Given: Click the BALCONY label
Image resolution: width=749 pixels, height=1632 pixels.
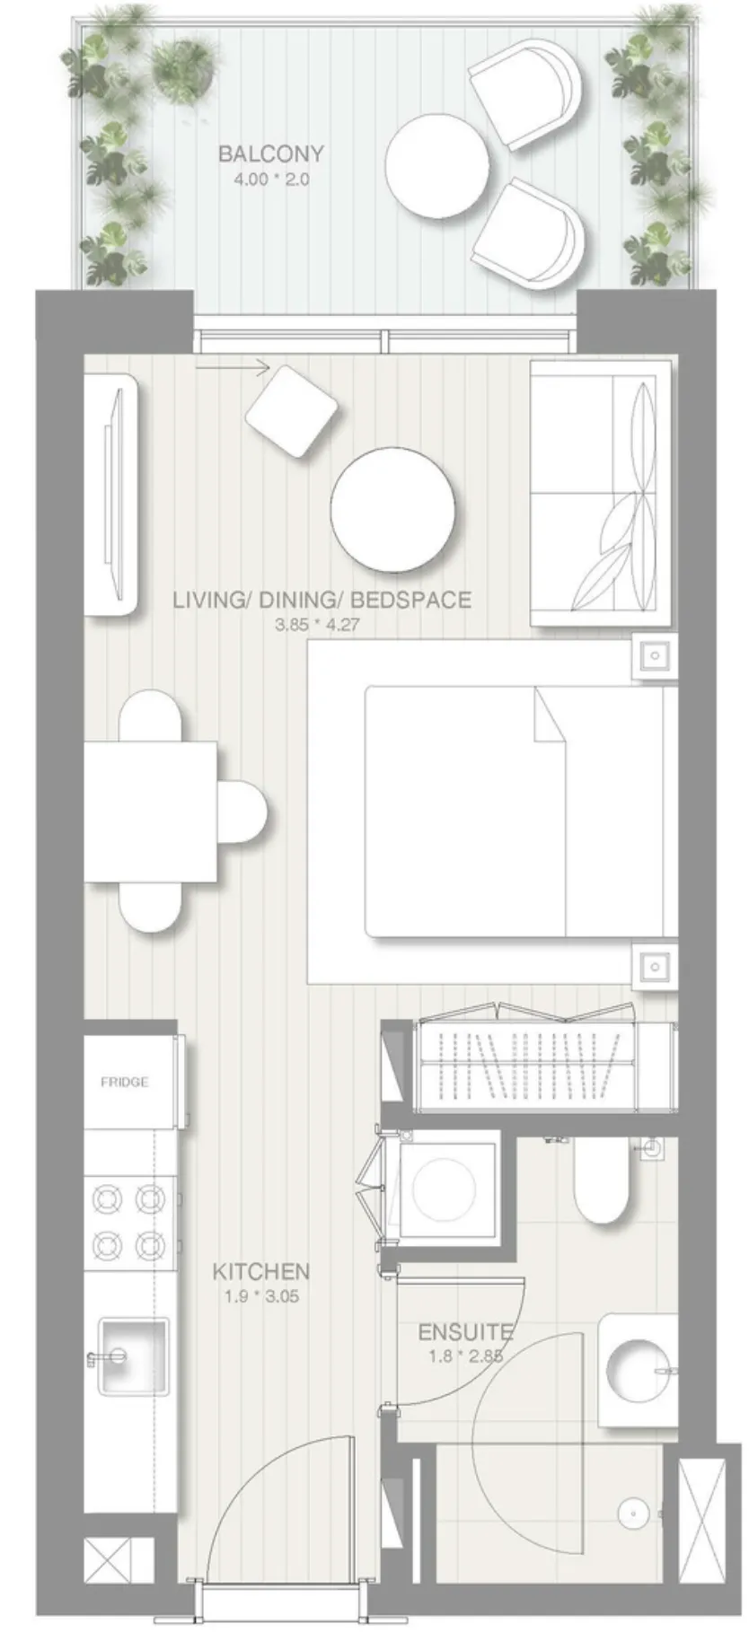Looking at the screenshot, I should [270, 154].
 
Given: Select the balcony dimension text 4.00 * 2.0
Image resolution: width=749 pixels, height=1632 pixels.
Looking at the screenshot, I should [270, 179].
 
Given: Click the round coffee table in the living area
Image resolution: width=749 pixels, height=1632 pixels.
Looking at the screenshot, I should [392, 509].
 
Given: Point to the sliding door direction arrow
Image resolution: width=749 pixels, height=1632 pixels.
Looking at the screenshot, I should [233, 366].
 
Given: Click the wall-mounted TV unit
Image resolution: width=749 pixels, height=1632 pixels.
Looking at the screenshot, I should [111, 495].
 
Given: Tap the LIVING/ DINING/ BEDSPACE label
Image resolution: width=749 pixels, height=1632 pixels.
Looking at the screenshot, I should [322, 600].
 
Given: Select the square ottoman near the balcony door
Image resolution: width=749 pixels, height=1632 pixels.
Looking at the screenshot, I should [291, 410].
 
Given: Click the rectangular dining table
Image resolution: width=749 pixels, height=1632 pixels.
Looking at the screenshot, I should [151, 812].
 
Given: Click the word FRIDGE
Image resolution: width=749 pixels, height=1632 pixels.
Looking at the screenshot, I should [125, 1082].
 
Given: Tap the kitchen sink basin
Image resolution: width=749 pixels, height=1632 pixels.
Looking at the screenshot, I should [133, 1355].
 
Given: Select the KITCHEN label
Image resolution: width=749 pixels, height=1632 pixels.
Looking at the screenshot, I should [260, 1271].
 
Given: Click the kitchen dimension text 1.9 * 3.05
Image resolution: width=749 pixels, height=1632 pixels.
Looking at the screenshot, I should [260, 1296].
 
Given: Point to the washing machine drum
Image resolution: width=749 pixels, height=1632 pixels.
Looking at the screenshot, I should [448, 1189].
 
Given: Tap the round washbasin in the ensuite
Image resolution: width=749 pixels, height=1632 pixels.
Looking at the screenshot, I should [638, 1370].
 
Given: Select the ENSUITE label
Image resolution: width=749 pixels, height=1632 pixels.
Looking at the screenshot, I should [465, 1332].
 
